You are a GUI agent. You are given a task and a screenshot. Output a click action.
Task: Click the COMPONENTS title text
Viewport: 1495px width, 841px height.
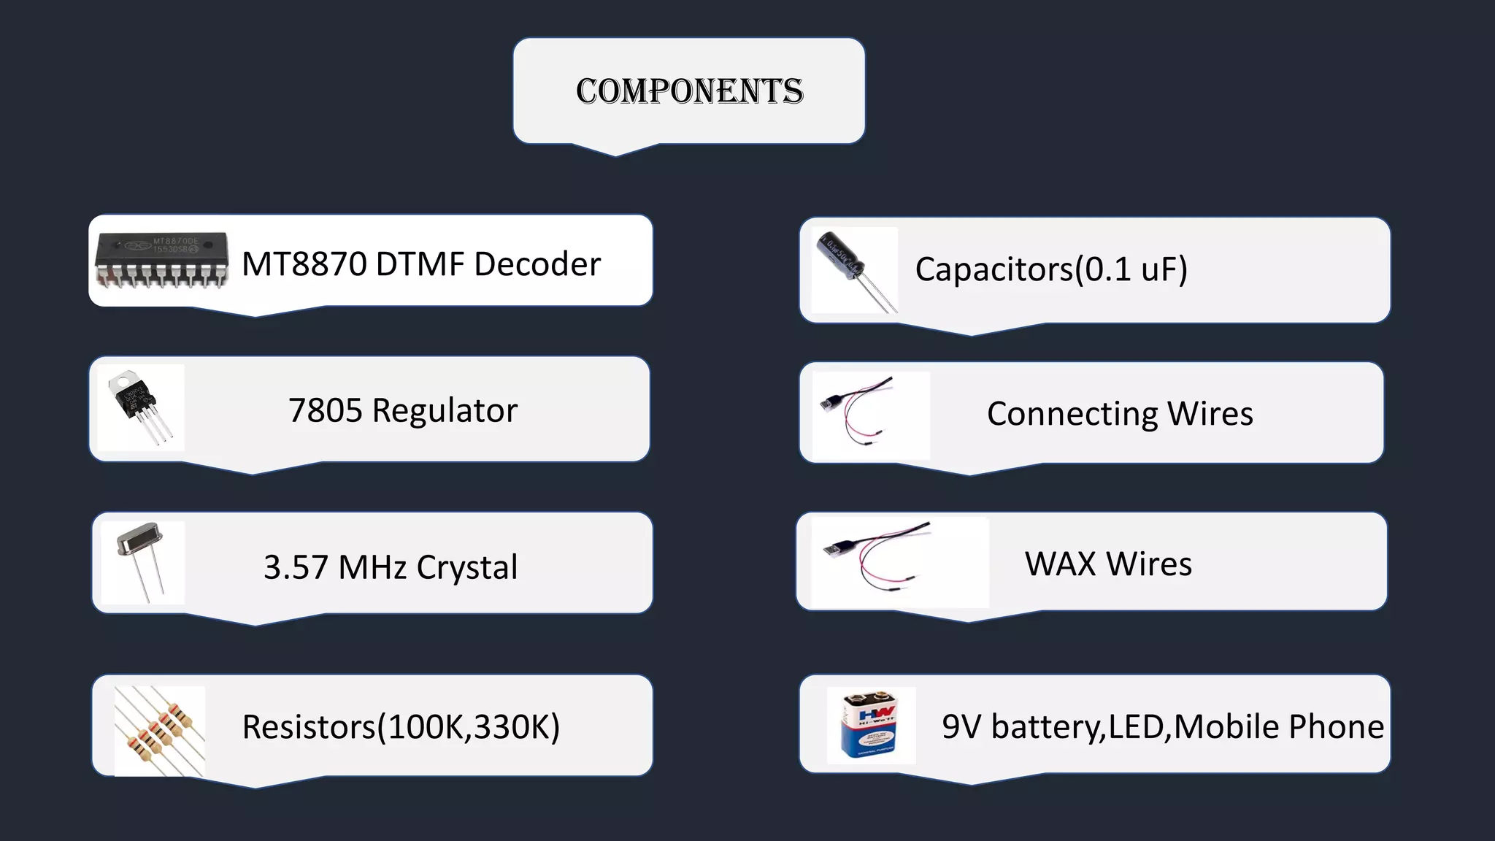click(689, 91)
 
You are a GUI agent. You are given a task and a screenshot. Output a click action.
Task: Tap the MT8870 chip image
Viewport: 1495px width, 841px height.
click(161, 259)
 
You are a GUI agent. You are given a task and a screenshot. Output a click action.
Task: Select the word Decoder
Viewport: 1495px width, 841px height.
click(537, 264)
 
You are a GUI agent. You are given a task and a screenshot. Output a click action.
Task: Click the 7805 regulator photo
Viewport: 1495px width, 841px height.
click(141, 407)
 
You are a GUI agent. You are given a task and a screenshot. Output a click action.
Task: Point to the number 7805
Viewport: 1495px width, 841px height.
click(325, 410)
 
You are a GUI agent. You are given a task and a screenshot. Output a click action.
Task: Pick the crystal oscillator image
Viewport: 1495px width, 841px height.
click(142, 562)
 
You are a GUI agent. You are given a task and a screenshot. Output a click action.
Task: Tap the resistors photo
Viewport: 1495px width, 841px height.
click(160, 730)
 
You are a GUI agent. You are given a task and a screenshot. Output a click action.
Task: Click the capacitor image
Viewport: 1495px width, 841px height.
click(853, 270)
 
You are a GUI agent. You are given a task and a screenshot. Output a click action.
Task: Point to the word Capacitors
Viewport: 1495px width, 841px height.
click(994, 269)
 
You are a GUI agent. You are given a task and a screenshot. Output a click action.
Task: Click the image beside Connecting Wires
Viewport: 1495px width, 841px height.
click(871, 415)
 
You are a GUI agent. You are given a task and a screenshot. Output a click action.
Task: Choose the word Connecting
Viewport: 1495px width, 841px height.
click(1072, 414)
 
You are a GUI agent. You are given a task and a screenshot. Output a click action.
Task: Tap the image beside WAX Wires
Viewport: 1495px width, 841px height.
click(899, 562)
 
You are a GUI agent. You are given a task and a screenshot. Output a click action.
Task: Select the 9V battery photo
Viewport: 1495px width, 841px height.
click(871, 726)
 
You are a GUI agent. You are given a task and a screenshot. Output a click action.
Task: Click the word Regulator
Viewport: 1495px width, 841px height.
click(445, 410)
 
